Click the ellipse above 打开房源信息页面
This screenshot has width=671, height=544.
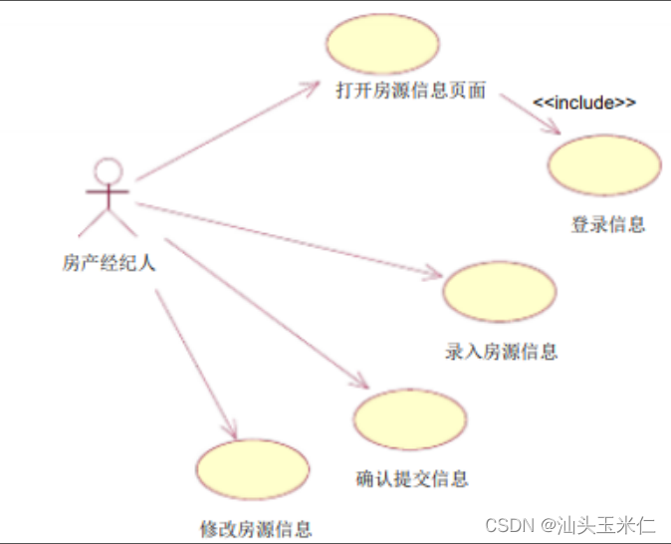point(382,45)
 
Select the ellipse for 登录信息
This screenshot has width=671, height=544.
point(604,165)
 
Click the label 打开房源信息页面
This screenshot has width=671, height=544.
point(410,91)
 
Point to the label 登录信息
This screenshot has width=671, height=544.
point(607,225)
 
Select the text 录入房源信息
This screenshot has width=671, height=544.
point(501,352)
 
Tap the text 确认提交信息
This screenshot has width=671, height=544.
point(411,478)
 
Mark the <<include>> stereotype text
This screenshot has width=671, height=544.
point(584,103)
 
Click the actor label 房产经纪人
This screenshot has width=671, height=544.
point(109,264)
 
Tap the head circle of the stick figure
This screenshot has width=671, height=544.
point(108,170)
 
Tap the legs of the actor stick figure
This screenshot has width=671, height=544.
point(108,221)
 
